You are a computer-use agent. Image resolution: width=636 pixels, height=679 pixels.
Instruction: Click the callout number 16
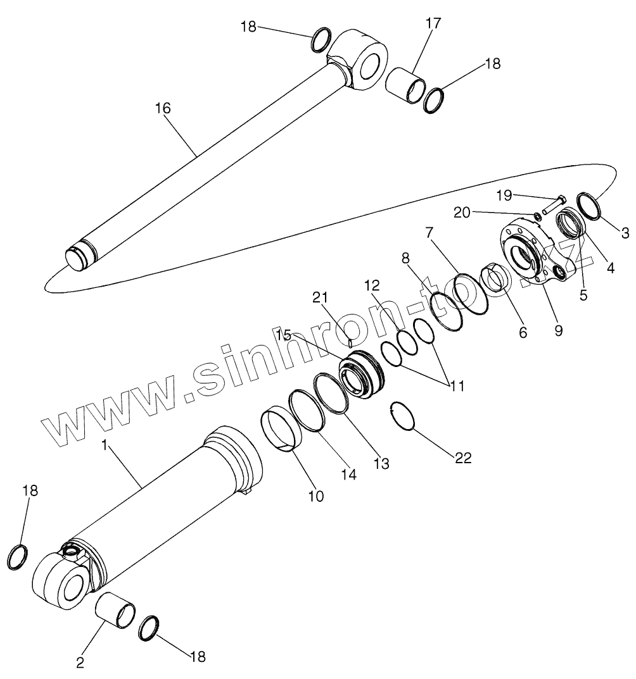[163, 108]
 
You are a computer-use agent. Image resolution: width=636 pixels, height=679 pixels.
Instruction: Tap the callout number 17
[433, 23]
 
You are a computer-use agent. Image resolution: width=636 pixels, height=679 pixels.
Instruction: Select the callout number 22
[463, 458]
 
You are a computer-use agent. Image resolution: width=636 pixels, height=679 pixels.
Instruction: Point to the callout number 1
[106, 445]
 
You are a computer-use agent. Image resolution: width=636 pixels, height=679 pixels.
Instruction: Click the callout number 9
[558, 330]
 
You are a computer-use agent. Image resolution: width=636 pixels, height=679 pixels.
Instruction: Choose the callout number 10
[315, 496]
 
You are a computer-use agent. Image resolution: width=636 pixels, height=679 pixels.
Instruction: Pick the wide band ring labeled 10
[283, 430]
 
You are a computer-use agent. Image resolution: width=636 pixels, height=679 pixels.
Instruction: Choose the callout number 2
[80, 664]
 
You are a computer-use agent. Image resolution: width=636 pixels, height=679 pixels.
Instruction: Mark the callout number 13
[381, 463]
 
